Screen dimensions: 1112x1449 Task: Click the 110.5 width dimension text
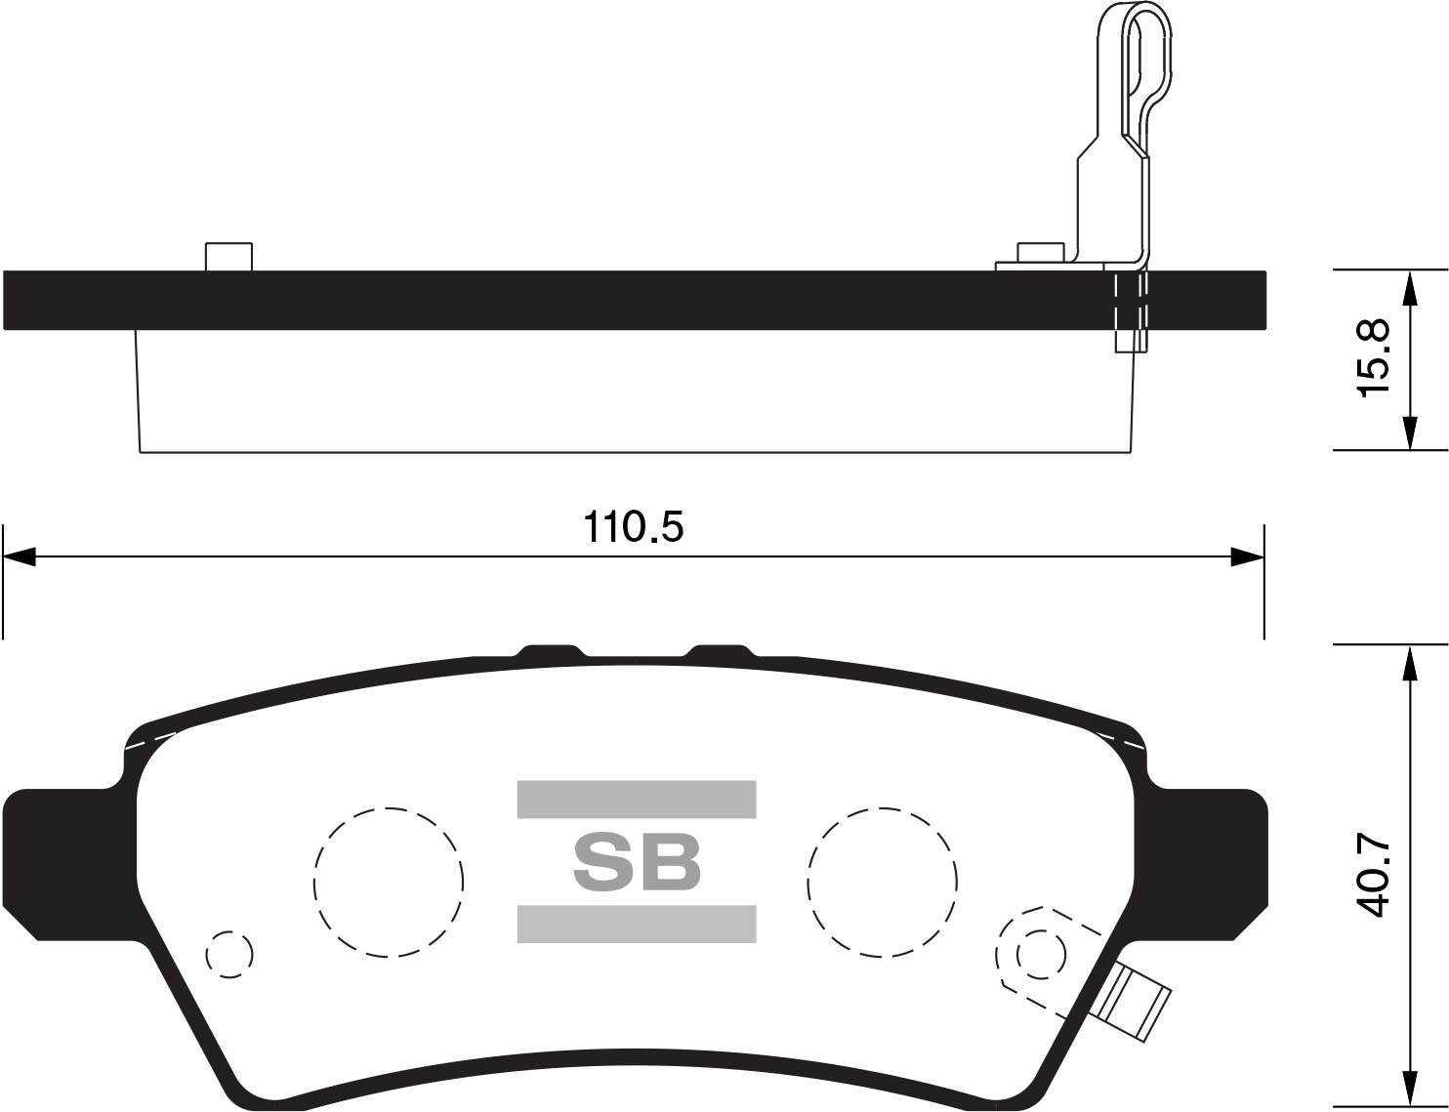pos(634,527)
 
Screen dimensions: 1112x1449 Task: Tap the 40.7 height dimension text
pos(1373,876)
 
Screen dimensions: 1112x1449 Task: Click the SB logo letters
pos(637,862)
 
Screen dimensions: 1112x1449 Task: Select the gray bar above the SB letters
pos(637,799)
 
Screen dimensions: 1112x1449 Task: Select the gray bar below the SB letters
pos(637,924)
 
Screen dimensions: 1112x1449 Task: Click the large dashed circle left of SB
pos(389,882)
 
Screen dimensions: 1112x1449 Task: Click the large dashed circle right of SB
pos(883,882)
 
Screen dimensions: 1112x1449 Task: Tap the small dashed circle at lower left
pos(229,952)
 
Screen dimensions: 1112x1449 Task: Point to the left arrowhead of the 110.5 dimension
pos(20,557)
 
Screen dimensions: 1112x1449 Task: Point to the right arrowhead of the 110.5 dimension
pos(1247,557)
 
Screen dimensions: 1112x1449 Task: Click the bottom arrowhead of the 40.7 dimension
pos(1408,1089)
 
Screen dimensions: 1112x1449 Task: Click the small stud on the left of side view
pos(228,257)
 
